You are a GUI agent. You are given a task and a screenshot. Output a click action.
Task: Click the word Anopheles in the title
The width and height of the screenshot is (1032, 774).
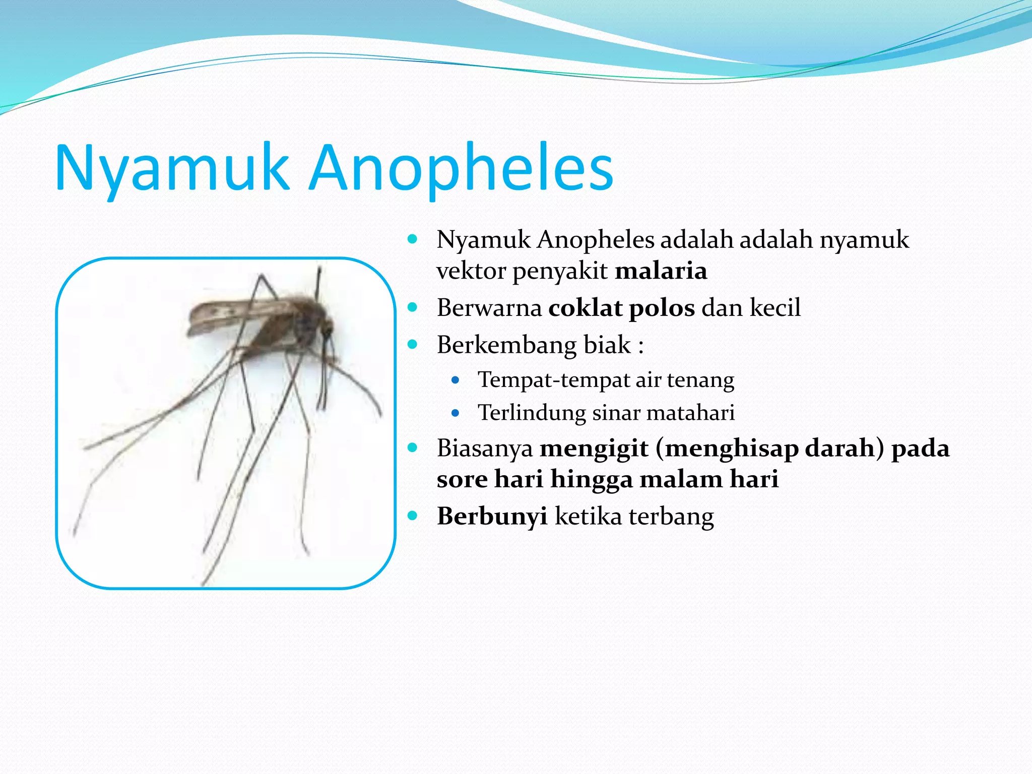click(461, 168)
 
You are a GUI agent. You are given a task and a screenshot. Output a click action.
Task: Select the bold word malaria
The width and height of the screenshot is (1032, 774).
click(661, 271)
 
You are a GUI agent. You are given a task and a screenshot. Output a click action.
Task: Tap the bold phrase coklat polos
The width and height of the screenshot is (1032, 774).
click(621, 308)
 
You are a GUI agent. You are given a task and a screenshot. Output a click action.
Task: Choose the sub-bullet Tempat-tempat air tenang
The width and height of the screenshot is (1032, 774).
click(605, 380)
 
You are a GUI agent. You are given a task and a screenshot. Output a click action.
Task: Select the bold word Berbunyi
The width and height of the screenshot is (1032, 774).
click(492, 516)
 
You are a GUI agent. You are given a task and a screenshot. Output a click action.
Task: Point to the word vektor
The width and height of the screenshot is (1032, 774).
click(471, 271)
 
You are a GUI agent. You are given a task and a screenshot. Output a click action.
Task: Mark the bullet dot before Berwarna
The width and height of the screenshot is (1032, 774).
click(413, 307)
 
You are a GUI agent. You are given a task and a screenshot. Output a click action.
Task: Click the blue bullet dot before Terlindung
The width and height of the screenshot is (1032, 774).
click(456, 413)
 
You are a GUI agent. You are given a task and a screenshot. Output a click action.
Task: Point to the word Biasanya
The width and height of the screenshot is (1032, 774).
click(484, 448)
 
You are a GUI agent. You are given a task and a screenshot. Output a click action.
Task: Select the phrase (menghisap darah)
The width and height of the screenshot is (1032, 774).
click(769, 448)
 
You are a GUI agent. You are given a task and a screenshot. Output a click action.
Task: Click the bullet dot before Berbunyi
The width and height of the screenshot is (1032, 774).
click(413, 515)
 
